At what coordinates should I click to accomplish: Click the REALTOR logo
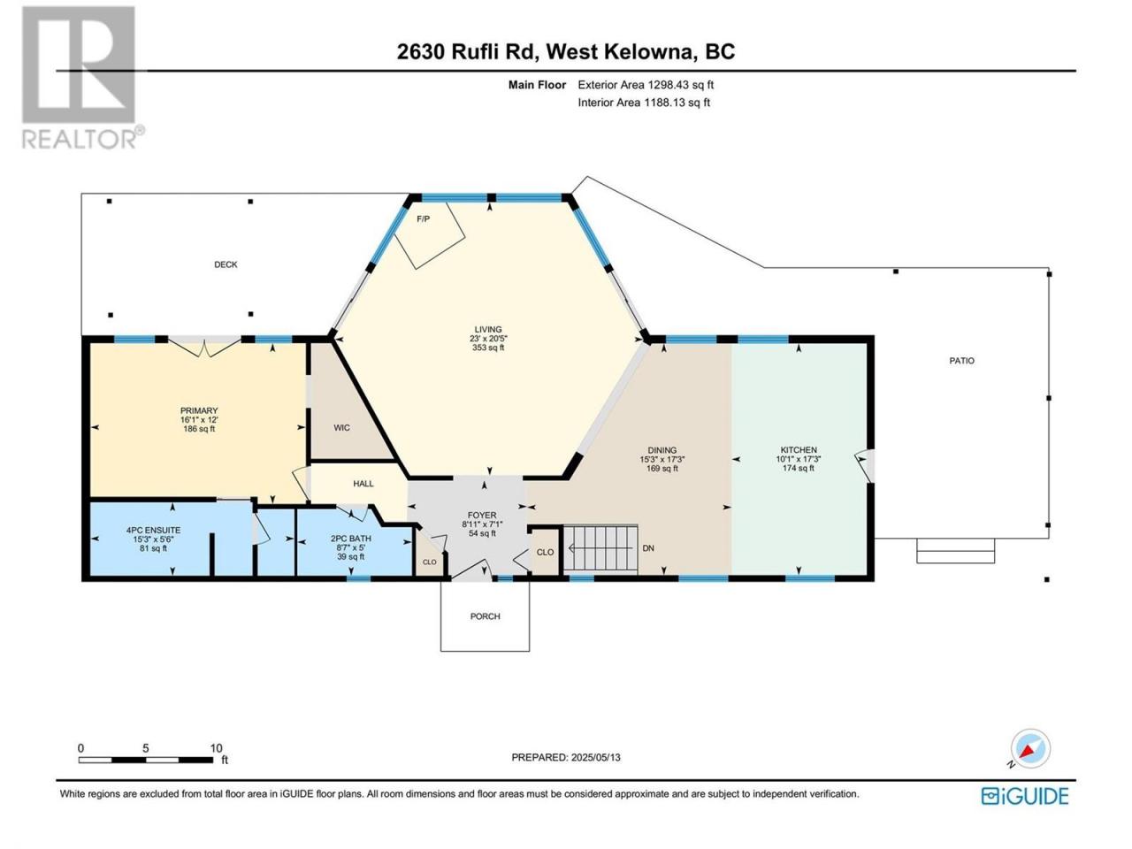80,77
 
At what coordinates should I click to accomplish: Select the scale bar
146,760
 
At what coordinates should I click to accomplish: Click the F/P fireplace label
423,219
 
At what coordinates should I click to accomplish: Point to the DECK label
226,264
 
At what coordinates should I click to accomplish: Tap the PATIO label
962,361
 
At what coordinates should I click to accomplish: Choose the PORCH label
485,616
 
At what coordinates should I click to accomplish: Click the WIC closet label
341,427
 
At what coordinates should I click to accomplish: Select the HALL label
363,484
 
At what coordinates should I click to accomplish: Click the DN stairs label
648,548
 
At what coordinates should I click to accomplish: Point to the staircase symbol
600,548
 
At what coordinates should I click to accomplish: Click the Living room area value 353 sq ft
488,348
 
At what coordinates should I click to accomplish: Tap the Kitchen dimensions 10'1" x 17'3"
799,459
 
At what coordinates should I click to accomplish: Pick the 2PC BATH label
351,539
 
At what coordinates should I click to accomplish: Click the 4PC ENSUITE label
153,530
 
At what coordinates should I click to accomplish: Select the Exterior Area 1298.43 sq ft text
646,85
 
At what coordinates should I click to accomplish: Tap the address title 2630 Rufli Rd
468,52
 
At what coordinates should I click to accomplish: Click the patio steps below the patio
955,551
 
